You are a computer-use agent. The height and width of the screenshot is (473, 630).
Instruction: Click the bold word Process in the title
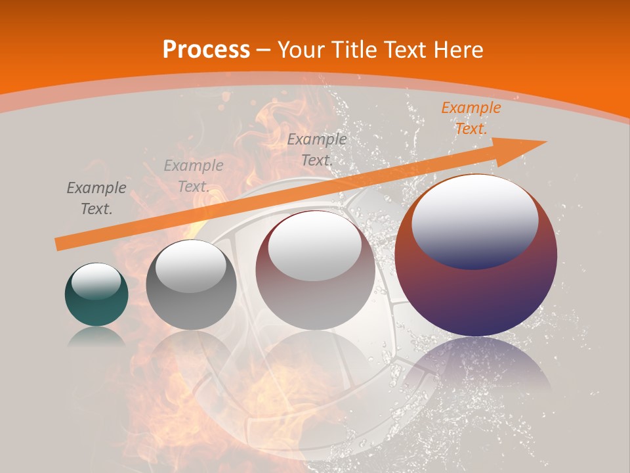coord(206,49)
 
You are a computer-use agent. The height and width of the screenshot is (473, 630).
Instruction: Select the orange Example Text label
coord(471,118)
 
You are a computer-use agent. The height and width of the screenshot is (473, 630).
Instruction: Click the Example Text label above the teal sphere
coord(96,198)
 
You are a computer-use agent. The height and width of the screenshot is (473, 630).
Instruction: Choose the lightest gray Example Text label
coord(194,176)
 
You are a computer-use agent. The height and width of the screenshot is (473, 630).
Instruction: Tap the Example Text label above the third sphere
coord(317,149)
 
